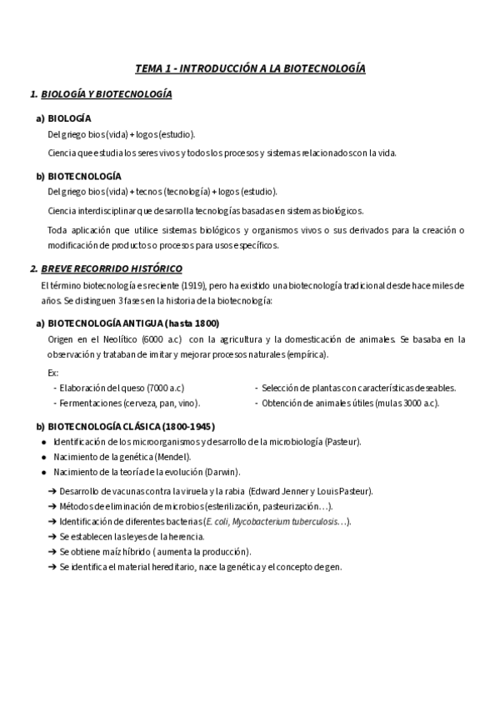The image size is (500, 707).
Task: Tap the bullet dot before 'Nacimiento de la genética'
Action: (x=42, y=457)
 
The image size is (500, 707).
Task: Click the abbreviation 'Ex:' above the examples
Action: (x=53, y=373)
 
